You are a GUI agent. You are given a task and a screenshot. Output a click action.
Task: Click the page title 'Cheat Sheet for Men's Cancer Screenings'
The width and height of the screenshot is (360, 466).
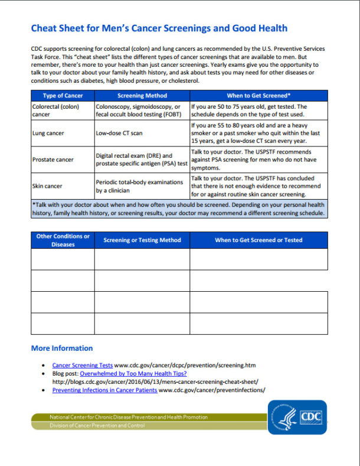159,28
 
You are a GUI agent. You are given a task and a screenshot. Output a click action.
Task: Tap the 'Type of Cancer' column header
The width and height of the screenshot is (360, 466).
62,95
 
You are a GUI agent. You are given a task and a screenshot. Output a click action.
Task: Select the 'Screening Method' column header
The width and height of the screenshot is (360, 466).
142,95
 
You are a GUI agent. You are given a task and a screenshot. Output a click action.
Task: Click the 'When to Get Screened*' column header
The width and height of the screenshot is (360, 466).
258,95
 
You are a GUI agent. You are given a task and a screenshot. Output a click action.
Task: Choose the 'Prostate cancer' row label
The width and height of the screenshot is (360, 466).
53,159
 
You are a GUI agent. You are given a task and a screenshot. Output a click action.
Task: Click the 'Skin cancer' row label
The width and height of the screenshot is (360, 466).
47,185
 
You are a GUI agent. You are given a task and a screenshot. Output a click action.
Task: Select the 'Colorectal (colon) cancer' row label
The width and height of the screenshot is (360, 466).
55,110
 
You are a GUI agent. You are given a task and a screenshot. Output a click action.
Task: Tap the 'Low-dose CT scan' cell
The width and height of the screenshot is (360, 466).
119,133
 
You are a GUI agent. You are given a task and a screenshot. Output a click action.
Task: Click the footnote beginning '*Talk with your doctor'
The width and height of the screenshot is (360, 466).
179,208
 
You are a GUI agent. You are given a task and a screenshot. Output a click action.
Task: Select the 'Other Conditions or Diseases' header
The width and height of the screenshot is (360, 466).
63,240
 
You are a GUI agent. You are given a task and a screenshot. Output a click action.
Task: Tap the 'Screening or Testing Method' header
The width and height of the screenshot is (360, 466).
142,240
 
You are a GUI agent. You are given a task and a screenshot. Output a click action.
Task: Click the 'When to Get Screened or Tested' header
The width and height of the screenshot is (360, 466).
258,240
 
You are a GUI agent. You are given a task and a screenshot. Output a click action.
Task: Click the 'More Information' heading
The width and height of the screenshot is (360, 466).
61,348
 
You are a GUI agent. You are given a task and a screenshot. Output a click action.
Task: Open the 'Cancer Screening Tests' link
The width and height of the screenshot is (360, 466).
82,366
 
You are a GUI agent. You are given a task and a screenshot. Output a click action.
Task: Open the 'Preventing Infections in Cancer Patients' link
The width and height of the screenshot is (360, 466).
104,390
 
